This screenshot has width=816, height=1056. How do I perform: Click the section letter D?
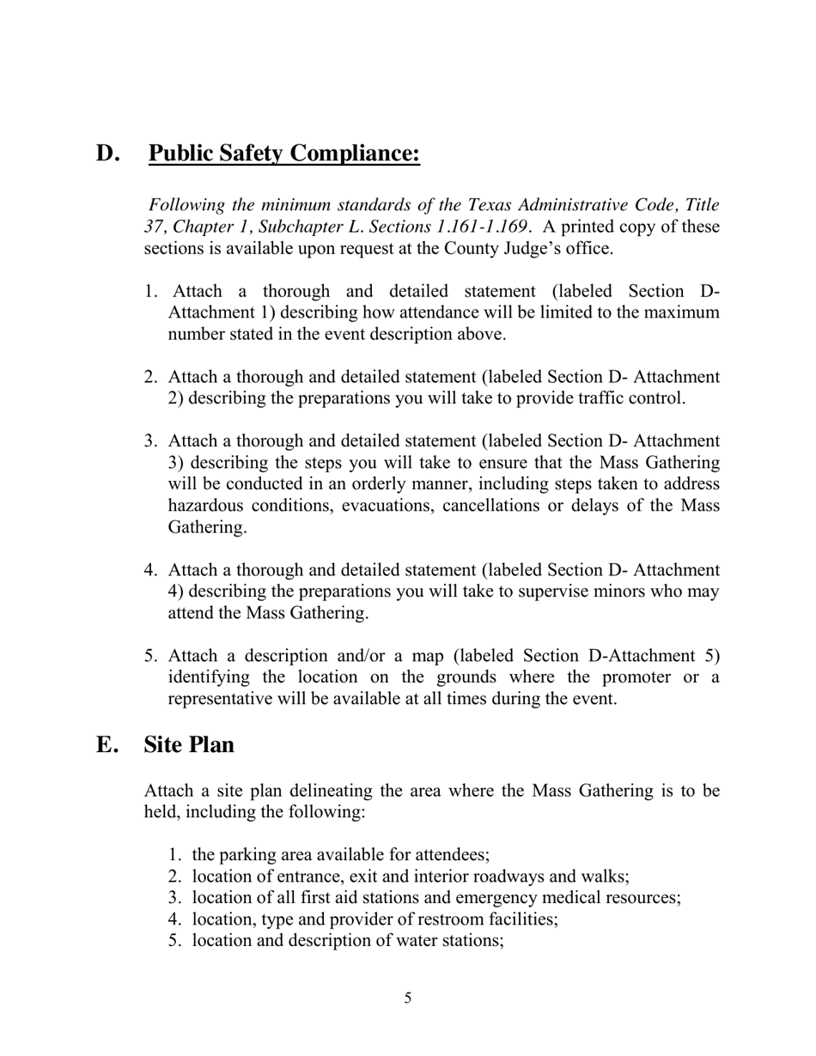pyautogui.click(x=107, y=153)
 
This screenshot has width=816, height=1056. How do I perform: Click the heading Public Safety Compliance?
pyautogui.click(x=284, y=153)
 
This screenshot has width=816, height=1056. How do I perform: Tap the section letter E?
pyautogui.click(x=107, y=744)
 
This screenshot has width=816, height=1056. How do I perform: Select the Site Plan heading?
pyautogui.click(x=189, y=744)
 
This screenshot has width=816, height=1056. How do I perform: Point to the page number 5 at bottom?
pyautogui.click(x=408, y=998)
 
